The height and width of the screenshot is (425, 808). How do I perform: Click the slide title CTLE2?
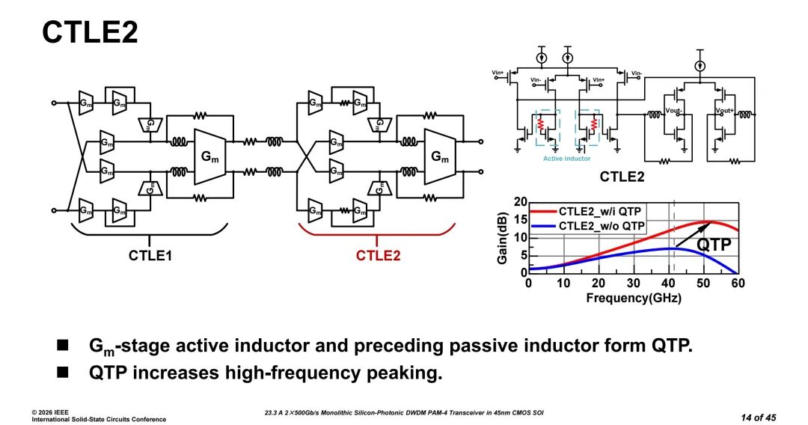(90, 33)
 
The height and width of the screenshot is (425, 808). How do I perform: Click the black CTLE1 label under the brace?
(149, 256)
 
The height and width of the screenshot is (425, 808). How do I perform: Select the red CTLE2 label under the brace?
(377, 256)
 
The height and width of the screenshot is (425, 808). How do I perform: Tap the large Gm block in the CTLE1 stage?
(215, 156)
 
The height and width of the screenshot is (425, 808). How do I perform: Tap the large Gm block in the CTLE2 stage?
(441, 156)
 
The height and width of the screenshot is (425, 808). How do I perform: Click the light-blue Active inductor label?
(566, 159)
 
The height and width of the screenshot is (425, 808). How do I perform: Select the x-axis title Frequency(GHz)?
(632, 298)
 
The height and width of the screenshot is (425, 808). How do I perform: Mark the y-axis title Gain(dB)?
(502, 237)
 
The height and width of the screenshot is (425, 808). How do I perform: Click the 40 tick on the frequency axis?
(668, 283)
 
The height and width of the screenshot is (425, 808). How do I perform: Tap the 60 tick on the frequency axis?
(738, 283)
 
